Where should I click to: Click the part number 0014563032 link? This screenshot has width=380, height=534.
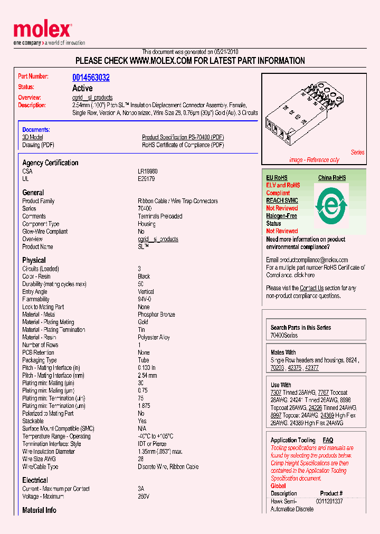coord(91,78)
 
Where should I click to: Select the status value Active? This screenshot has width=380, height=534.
coord(82,88)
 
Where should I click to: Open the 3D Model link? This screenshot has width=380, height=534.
coord(32,137)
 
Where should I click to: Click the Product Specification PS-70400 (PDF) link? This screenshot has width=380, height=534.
coord(183,137)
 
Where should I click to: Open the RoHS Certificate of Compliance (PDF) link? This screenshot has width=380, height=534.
coord(183,145)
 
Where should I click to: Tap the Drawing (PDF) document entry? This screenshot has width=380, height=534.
coord(38,145)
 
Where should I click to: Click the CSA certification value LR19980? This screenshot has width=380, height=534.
coord(147,171)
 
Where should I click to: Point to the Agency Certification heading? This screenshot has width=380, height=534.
coord(50,163)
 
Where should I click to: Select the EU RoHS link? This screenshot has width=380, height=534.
coord(277,178)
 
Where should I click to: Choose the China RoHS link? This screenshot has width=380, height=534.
coord(332,178)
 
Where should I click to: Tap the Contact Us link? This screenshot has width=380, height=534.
coord(311,288)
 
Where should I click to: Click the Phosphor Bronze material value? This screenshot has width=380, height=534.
coord(156,314)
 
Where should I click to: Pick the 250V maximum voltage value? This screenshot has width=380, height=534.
coord(144,497)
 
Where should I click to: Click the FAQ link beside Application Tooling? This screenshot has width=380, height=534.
coord(328,440)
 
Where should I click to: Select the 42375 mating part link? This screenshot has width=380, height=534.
coord(295,368)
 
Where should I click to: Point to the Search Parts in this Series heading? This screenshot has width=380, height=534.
coord(300,328)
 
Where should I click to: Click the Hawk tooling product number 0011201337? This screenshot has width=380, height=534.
coord(329,501)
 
